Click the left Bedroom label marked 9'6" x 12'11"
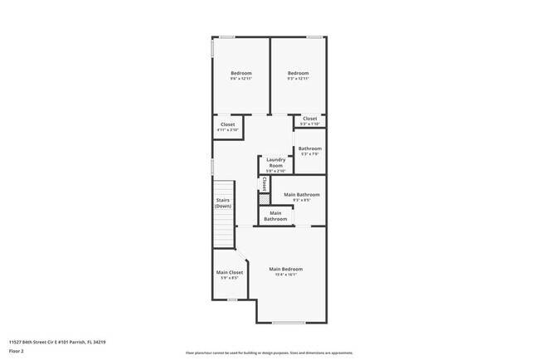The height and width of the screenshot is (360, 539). tap(240, 75)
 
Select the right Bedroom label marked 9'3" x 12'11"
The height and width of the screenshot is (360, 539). tap(298, 75)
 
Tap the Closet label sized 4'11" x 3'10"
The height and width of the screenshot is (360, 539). tap(227, 127)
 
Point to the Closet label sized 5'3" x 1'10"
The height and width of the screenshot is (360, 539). tap(309, 121)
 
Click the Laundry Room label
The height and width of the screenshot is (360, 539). tap(275, 163)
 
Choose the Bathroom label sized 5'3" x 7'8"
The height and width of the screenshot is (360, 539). tap(309, 151)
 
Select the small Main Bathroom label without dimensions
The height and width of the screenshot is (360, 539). tap(276, 216)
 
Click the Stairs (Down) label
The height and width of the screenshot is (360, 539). tap(222, 202)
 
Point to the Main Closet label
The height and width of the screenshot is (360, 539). tap(229, 275)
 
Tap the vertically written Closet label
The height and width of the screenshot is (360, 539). tap(264, 183)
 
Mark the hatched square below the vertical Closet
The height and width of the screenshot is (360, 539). tap(264, 200)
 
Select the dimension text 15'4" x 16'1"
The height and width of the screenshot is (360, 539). tap(285, 275)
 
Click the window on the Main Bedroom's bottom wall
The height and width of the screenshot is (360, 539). tap(288, 323)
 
